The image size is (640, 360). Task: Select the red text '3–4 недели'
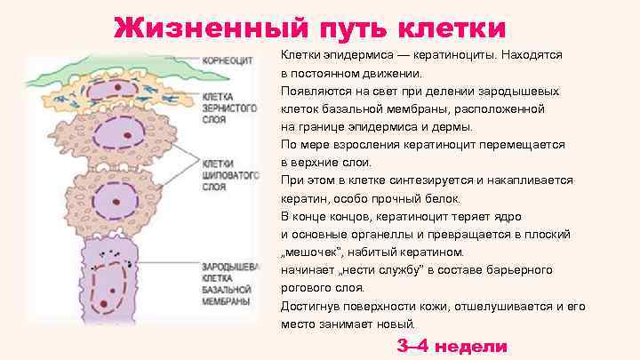tap(452, 347)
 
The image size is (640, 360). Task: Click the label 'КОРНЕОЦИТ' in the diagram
tap(226, 61)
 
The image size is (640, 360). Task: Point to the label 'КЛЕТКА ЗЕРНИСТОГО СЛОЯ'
tap(222, 106)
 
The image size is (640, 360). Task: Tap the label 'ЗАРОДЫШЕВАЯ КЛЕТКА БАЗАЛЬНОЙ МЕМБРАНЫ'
tap(228, 284)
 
